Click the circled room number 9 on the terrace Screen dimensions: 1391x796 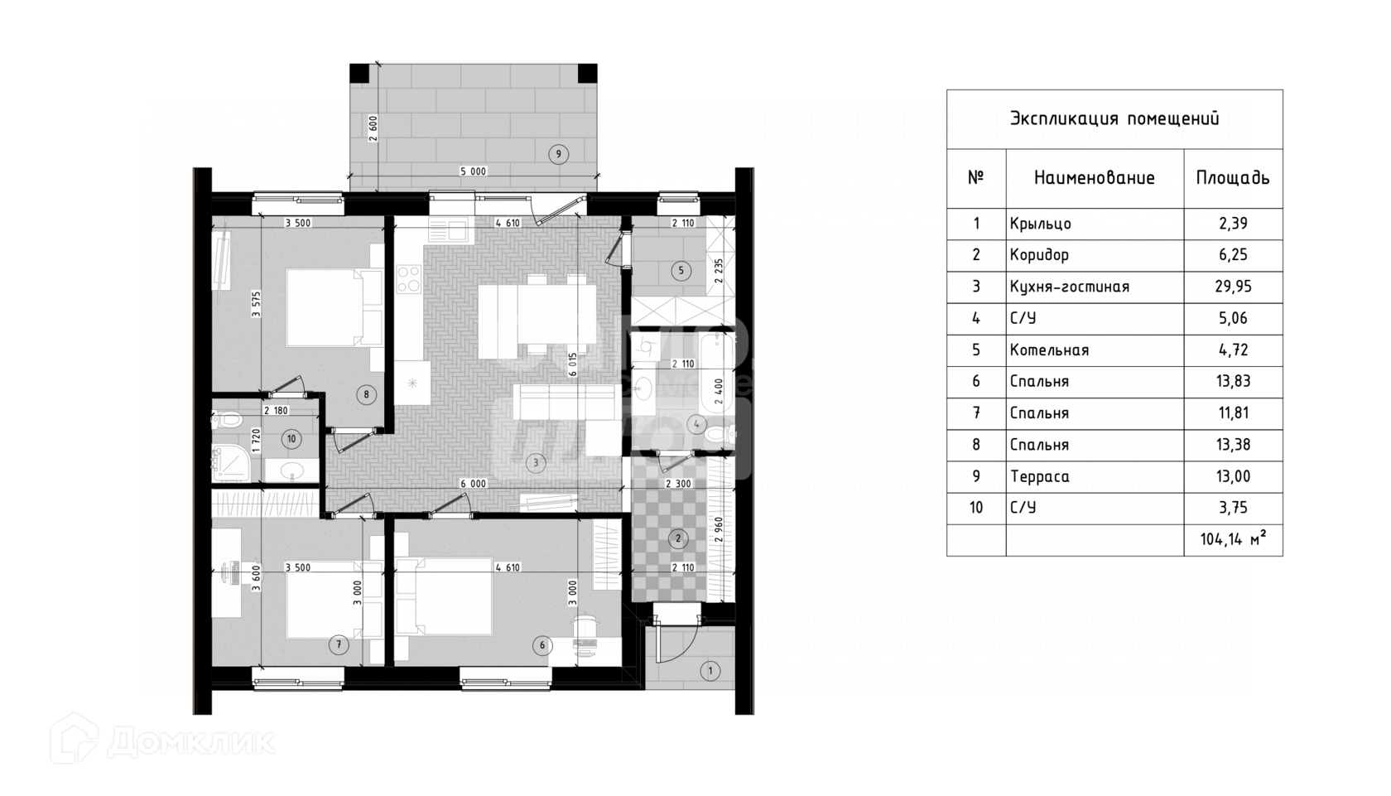(559, 153)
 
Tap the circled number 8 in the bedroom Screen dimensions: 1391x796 (367, 394)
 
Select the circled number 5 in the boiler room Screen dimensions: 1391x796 (681, 270)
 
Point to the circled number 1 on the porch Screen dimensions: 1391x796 (710, 671)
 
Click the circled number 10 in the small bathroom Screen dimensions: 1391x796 (291, 439)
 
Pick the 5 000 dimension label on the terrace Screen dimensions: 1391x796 (474, 171)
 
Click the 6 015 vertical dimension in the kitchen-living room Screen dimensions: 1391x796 (572, 364)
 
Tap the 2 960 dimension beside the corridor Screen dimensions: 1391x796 (718, 528)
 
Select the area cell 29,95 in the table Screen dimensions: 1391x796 (1234, 287)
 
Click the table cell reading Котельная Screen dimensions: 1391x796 (1049, 350)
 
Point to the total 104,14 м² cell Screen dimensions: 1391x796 (1233, 540)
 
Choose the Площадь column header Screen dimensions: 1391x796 (1233, 178)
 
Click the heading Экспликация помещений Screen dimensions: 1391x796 (1114, 118)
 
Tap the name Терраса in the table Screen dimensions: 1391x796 (1039, 476)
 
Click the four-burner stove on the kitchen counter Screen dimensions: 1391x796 (408, 278)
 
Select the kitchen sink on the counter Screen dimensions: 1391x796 (448, 228)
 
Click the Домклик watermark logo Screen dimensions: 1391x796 (162, 740)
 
